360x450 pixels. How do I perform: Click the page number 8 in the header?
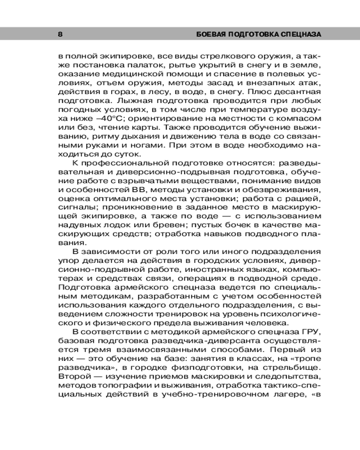(60, 34)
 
